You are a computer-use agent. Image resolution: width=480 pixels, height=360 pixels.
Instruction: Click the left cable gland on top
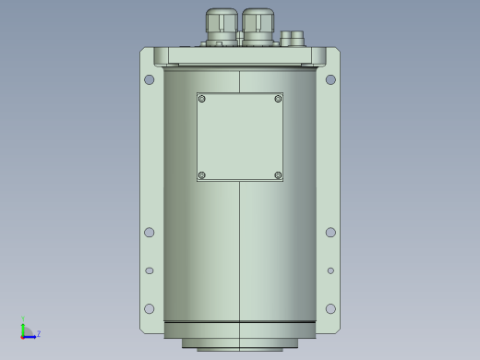click(222, 27)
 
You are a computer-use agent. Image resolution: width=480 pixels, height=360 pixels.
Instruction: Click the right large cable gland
click(258, 27)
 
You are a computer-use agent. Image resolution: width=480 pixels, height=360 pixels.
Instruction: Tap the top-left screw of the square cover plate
click(202, 99)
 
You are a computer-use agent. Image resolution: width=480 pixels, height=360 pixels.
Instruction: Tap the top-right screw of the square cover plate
click(278, 99)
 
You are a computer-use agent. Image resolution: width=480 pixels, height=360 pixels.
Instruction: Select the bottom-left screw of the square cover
click(202, 175)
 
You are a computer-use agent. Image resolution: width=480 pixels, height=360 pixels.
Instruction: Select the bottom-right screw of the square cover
click(278, 175)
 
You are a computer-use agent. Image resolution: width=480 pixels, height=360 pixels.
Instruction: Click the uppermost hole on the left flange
click(150, 79)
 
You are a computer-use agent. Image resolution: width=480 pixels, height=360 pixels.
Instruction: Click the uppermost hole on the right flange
click(330, 79)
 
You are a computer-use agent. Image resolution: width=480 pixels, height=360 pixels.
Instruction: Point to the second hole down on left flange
click(150, 233)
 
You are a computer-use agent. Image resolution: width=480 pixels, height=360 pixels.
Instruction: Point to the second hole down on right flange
click(330, 233)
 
